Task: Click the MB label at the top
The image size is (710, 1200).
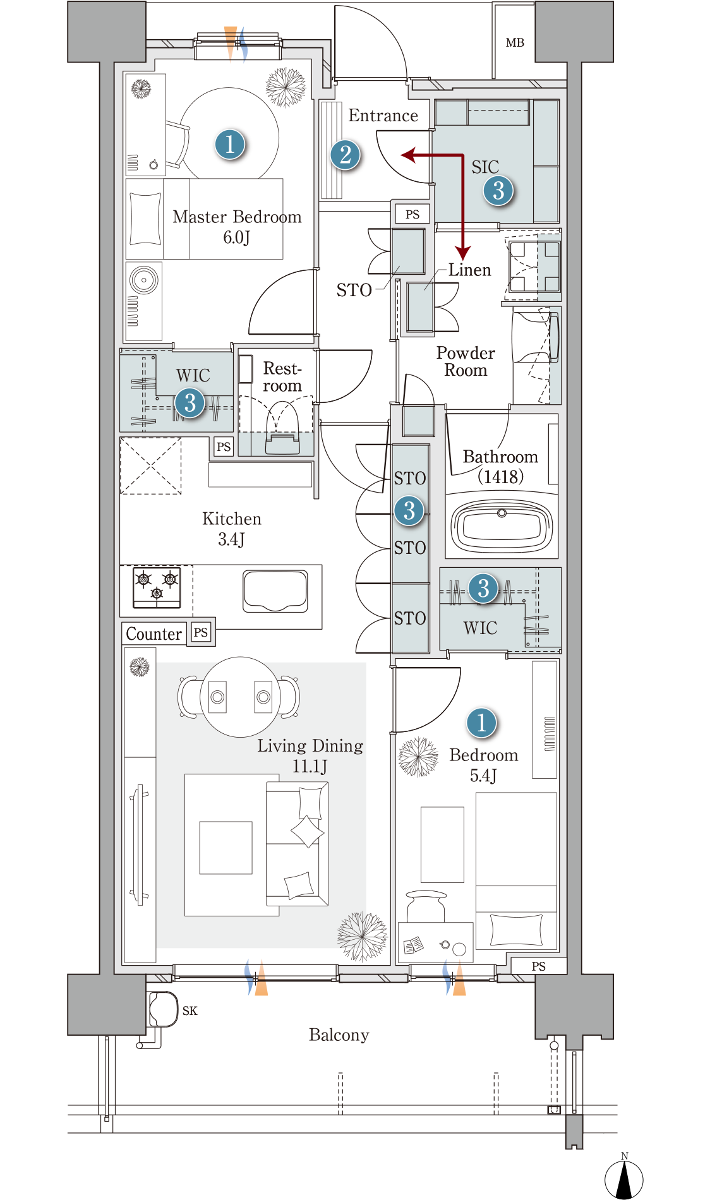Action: coord(515,43)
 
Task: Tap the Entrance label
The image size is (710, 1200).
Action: coord(383,116)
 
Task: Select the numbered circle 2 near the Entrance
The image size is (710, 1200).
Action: coord(345,155)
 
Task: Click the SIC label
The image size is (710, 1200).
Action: coord(485,167)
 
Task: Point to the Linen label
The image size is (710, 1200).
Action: coord(469,270)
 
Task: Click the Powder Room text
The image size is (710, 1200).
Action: coord(466,361)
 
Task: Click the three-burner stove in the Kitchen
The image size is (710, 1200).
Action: coord(157,587)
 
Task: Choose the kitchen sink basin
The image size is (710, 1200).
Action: coord(275,591)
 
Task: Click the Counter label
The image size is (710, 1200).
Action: coord(153,633)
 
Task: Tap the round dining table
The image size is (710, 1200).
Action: coord(241,697)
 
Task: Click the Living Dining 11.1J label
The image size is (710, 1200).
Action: coord(310,755)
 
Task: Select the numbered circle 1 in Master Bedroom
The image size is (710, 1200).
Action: coord(229,144)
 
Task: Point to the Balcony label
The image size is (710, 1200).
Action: coord(339,1035)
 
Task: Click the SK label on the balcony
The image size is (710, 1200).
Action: coord(190,1011)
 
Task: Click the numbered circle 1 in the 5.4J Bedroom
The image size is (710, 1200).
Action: coord(481,723)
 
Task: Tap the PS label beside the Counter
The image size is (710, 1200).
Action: coord(201,632)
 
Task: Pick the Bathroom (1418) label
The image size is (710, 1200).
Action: coord(500,466)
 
